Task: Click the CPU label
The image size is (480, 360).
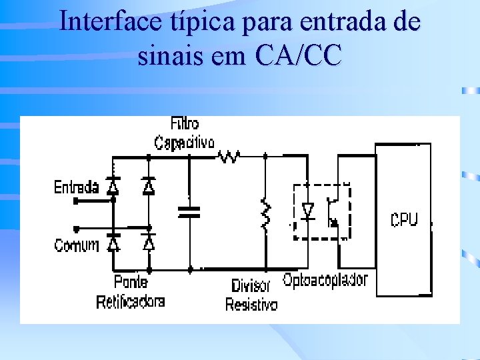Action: tap(404, 219)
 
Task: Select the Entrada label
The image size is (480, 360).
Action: tap(76, 187)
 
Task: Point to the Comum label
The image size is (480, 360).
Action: tap(76, 245)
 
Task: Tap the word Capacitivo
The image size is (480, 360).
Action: tap(185, 143)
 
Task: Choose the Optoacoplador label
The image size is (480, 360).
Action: tap(325, 280)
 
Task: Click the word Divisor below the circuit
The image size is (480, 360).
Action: tap(251, 287)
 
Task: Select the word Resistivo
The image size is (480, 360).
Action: tap(251, 305)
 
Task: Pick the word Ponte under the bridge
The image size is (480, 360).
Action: tap(131, 282)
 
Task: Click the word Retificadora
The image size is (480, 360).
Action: tap(131, 301)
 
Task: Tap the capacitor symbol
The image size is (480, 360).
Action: tap(189, 212)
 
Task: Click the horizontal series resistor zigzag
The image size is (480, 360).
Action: tap(230, 157)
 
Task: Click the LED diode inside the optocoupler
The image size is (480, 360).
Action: tap(307, 211)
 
